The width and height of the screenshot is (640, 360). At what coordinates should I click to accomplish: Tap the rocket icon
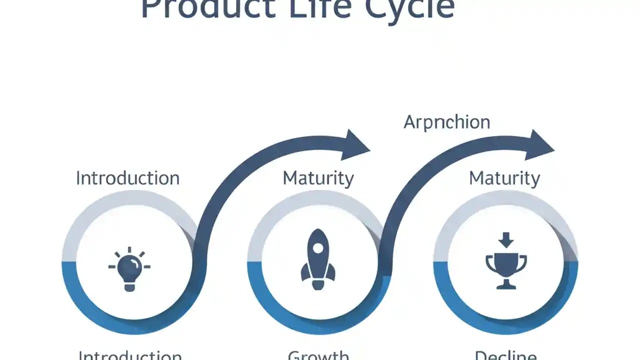318,259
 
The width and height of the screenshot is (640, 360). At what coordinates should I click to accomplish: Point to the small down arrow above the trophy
506,240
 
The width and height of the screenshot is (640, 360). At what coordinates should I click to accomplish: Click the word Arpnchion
446,122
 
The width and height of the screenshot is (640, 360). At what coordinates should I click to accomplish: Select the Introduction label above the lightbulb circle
127,178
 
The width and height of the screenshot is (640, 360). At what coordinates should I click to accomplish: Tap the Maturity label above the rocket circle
318,178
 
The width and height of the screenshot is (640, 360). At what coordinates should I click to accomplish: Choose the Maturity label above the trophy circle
504,178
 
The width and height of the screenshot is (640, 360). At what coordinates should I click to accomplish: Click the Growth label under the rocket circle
318,355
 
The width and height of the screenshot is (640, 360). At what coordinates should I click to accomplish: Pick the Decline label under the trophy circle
505,355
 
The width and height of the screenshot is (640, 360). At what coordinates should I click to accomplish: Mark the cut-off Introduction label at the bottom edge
130,355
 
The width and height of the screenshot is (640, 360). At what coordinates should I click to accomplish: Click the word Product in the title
208,9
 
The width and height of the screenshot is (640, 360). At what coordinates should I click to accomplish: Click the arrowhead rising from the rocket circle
540,145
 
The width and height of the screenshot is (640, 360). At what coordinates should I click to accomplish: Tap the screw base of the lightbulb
129,286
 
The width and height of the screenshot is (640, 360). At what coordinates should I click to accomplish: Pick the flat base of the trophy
506,286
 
